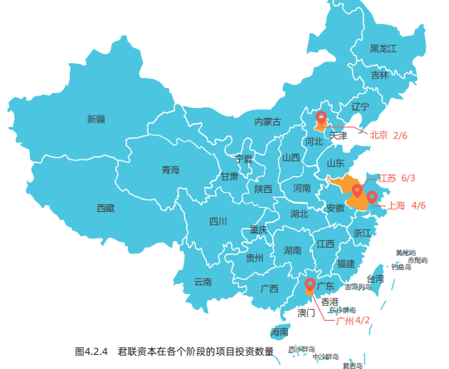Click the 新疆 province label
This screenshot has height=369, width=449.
96,119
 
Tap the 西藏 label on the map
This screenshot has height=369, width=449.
105,208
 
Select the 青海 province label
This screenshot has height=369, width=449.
170,170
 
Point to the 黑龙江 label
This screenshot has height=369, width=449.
384,49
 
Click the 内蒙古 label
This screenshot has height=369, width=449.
268,122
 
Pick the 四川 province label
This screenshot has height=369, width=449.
218,221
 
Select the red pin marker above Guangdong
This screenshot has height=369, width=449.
310,285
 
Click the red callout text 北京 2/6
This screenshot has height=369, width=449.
388,135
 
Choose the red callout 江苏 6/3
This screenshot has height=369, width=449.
397,178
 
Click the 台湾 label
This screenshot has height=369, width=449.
375,279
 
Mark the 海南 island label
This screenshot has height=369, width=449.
279,332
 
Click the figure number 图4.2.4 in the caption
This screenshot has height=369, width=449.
92,351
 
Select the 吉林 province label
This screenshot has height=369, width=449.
379,75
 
